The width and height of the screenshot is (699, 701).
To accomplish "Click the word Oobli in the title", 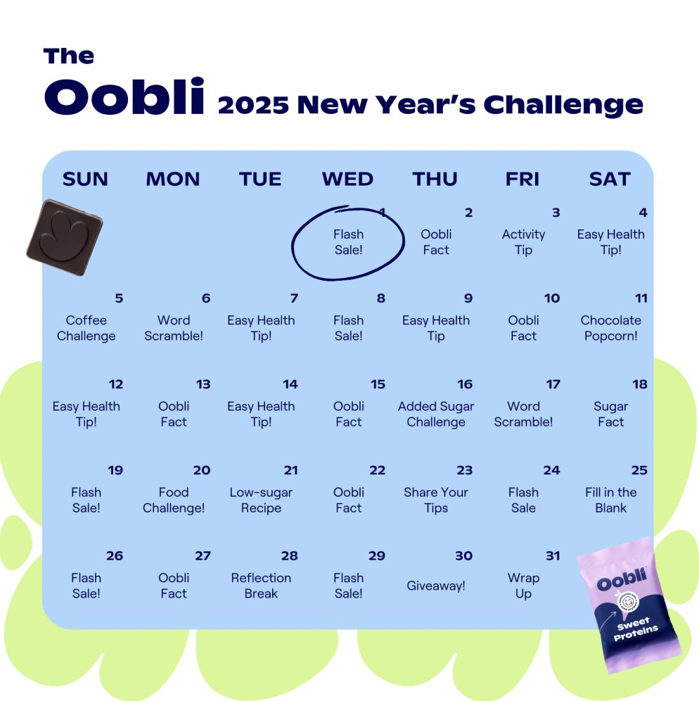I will tap(124, 98).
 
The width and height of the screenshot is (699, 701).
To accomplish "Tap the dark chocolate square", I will tap(65, 237).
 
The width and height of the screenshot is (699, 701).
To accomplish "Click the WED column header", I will tap(347, 179).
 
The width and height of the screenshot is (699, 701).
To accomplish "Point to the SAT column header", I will tap(610, 179).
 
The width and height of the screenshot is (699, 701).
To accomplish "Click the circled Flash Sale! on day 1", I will tap(348, 242).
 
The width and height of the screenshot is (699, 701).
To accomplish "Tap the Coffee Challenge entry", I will tap(86, 328).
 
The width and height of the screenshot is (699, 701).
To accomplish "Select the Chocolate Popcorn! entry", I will tap(610, 328).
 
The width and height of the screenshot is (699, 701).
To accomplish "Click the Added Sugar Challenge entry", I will tap(436, 414).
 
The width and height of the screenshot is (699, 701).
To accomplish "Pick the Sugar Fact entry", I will tap(610, 414).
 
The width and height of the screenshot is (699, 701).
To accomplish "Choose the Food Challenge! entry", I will tap(174, 500).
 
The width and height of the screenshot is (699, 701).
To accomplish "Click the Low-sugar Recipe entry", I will tap(261, 500).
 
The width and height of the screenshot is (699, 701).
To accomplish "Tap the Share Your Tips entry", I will tap(436, 500).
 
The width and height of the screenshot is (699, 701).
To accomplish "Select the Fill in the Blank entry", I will tap(610, 500).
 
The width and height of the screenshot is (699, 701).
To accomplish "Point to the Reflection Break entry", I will tap(261, 586).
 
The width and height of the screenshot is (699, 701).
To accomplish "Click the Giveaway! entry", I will tap(436, 586).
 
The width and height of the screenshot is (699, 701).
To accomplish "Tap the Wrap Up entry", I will tap(523, 586).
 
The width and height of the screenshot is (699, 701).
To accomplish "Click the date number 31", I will tap(553, 556).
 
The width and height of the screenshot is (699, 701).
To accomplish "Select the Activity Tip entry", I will tap(523, 242).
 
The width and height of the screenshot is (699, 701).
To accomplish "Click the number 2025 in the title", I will tap(253, 105).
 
